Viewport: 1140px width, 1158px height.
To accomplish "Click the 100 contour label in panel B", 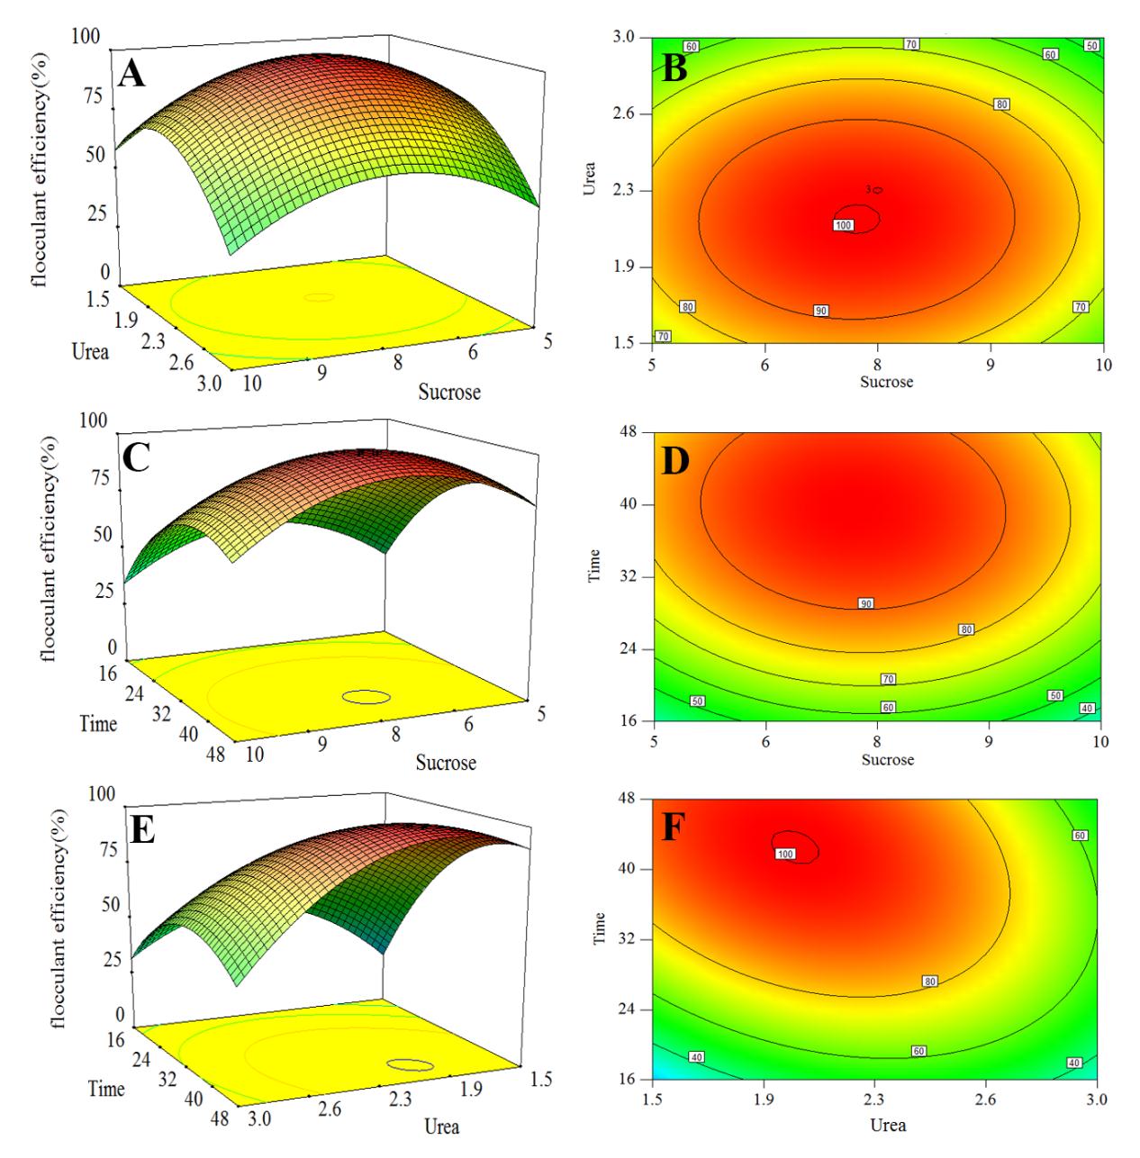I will [843, 225].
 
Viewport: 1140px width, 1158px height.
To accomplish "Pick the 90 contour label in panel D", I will [865, 603].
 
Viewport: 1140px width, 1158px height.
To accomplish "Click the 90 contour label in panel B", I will [820, 311].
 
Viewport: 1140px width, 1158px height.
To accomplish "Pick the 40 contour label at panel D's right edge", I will [1087, 709].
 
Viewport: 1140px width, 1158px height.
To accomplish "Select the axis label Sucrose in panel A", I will [448, 392].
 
